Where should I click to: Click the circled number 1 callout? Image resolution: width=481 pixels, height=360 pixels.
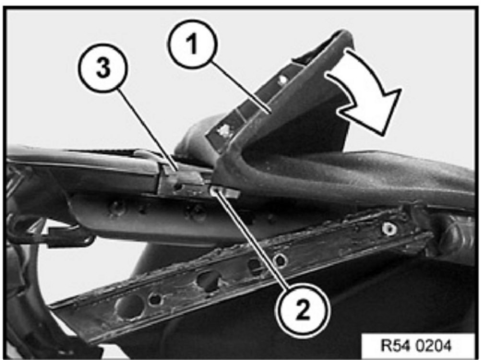click(x=192, y=44)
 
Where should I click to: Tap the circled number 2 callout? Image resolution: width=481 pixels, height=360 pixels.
click(x=303, y=310)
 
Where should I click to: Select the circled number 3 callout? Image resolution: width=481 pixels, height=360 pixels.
click(x=103, y=67)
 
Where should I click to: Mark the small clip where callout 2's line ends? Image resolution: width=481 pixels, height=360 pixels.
click(x=225, y=193)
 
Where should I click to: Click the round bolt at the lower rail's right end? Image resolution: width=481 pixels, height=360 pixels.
click(x=389, y=229)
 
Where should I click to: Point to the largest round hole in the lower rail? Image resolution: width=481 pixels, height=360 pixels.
click(x=130, y=306)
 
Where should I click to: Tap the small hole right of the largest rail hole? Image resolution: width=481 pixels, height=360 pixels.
click(x=155, y=299)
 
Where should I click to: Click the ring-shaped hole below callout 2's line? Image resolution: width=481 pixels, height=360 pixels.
click(x=280, y=261)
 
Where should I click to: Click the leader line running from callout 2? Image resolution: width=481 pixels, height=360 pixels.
click(x=252, y=240)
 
